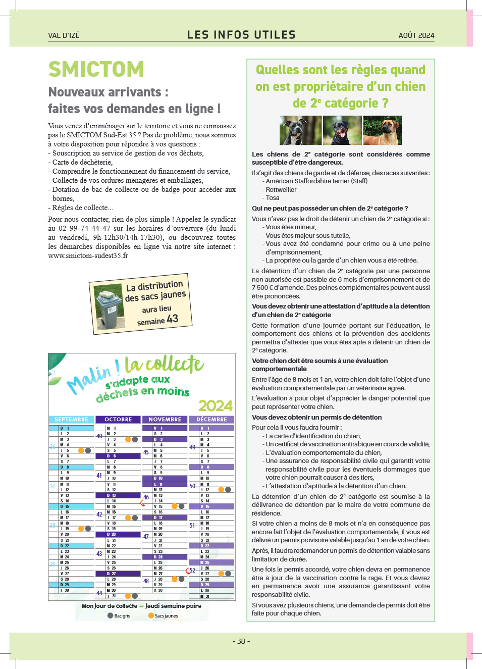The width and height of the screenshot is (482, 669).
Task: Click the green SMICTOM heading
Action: pyautogui.click(x=96, y=69)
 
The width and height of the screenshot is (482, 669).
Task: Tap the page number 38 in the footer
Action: pyautogui.click(x=241, y=641)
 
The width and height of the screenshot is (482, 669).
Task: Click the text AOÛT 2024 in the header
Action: pyautogui.click(x=416, y=35)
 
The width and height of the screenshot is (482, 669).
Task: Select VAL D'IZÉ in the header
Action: pyautogui.click(x=64, y=35)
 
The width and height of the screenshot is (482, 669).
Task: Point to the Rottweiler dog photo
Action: pyautogui.click(x=342, y=130)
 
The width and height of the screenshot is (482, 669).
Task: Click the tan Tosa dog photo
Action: pyautogui.click(x=383, y=130)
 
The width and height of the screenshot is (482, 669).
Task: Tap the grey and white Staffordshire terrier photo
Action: pyautogui.click(x=300, y=130)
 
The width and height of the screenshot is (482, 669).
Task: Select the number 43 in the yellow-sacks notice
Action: pyautogui.click(x=173, y=319)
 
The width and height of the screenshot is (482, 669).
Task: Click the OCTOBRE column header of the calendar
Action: pyautogui.click(x=118, y=420)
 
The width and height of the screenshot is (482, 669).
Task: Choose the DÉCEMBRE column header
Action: pyautogui.click(x=211, y=420)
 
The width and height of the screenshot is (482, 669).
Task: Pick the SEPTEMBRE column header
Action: pyautogui.click(x=71, y=420)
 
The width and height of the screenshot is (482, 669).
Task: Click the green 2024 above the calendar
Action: pyautogui.click(x=216, y=406)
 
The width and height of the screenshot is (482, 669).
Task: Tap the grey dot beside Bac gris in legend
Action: pyautogui.click(x=110, y=615)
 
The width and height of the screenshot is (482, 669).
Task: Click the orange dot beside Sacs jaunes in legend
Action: pyautogui.click(x=151, y=615)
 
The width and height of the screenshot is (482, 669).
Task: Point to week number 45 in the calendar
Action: pyautogui.click(x=146, y=452)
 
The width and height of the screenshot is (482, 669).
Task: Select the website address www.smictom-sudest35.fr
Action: pyautogui.click(x=88, y=255)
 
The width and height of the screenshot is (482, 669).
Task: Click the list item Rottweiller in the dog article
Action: pyautogui.click(x=281, y=189)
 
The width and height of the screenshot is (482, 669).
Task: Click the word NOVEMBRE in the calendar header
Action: pyautogui.click(x=165, y=420)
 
